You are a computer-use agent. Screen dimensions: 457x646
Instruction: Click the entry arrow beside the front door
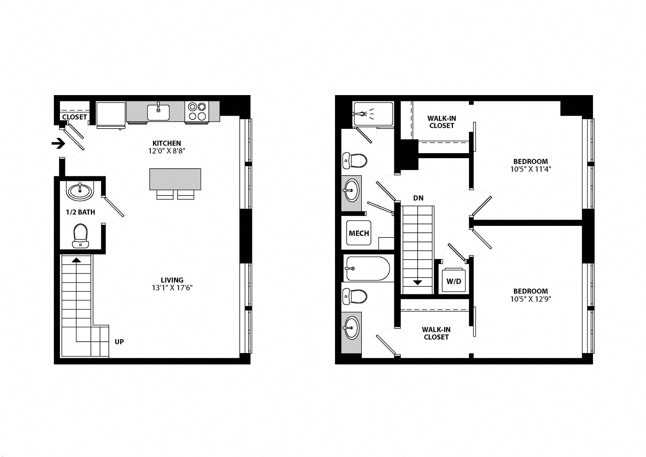coord(58,144)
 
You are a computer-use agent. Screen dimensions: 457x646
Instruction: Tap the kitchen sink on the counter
coord(158,112)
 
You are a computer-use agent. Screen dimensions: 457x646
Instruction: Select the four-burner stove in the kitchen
coord(197,111)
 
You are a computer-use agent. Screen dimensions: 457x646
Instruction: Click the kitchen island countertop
coord(175,179)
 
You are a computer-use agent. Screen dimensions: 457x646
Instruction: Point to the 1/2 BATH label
coord(80,212)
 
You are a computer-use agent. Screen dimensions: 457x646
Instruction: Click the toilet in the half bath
coord(80,236)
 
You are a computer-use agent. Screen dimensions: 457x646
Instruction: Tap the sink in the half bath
coord(80,191)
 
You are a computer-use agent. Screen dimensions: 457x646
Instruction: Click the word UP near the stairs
coord(119,342)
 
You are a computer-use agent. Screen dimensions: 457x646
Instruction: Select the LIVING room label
coord(172,280)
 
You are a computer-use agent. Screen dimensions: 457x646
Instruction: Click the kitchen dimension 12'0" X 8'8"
coord(167,151)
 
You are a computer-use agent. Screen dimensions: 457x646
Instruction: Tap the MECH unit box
coord(359,233)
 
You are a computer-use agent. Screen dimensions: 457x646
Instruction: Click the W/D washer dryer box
coord(454,281)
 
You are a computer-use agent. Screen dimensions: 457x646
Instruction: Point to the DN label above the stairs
coord(418,198)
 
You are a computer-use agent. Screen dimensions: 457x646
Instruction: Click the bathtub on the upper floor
coord(368,268)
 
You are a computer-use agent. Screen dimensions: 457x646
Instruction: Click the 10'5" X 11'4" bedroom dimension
coord(530,169)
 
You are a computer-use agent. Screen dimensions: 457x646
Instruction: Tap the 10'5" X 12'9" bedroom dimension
coord(530,299)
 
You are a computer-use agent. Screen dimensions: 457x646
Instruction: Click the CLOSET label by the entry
coord(74,117)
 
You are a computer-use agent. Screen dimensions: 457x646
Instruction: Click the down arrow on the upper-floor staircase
coord(418,282)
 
